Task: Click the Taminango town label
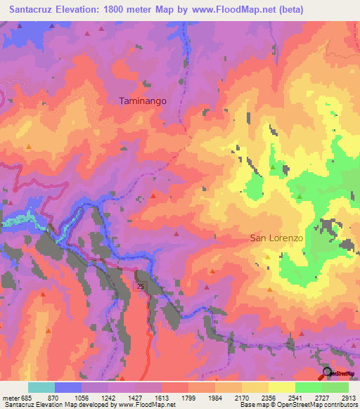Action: click(x=143, y=101)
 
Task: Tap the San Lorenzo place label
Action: click(x=276, y=238)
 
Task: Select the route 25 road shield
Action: click(x=141, y=287)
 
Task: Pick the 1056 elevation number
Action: click(x=96, y=397)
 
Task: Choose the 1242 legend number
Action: click(x=122, y=397)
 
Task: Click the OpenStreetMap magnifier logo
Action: click(x=327, y=373)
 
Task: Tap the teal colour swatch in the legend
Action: click(x=41, y=387)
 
